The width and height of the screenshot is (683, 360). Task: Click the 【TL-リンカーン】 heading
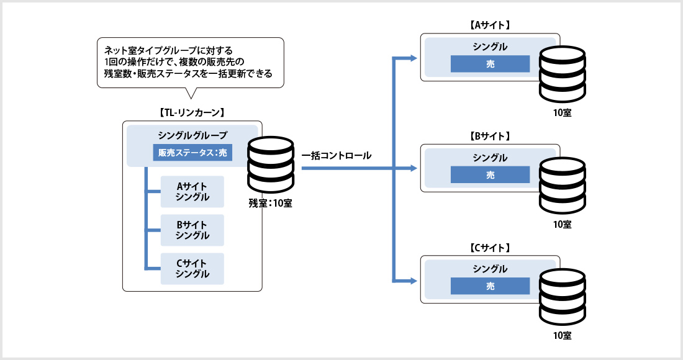(x=192, y=113)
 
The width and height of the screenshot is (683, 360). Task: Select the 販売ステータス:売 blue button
(x=192, y=153)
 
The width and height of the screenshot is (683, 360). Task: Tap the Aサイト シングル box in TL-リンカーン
(x=192, y=192)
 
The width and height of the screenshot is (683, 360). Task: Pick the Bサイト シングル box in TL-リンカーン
(x=192, y=230)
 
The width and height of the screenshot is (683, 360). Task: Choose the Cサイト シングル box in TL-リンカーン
(x=192, y=269)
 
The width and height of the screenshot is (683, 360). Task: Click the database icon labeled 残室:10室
(x=271, y=165)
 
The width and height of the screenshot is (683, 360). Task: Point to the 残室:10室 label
(x=270, y=204)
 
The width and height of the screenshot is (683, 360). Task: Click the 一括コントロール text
(x=337, y=155)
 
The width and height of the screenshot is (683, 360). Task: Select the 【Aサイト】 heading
(x=490, y=25)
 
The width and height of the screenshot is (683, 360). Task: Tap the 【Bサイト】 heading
(x=490, y=137)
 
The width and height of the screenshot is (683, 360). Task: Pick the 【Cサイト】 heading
(x=490, y=248)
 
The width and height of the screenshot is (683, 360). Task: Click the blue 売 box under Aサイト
(x=490, y=64)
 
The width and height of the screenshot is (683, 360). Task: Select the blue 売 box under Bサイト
(x=490, y=175)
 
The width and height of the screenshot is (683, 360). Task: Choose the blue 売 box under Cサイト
(x=490, y=286)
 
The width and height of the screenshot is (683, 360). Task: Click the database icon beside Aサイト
(x=563, y=74)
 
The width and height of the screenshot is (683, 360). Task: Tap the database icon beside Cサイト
(x=563, y=297)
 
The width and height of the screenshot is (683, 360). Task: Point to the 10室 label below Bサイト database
(x=562, y=225)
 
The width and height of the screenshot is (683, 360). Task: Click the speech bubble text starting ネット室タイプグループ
(x=188, y=62)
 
